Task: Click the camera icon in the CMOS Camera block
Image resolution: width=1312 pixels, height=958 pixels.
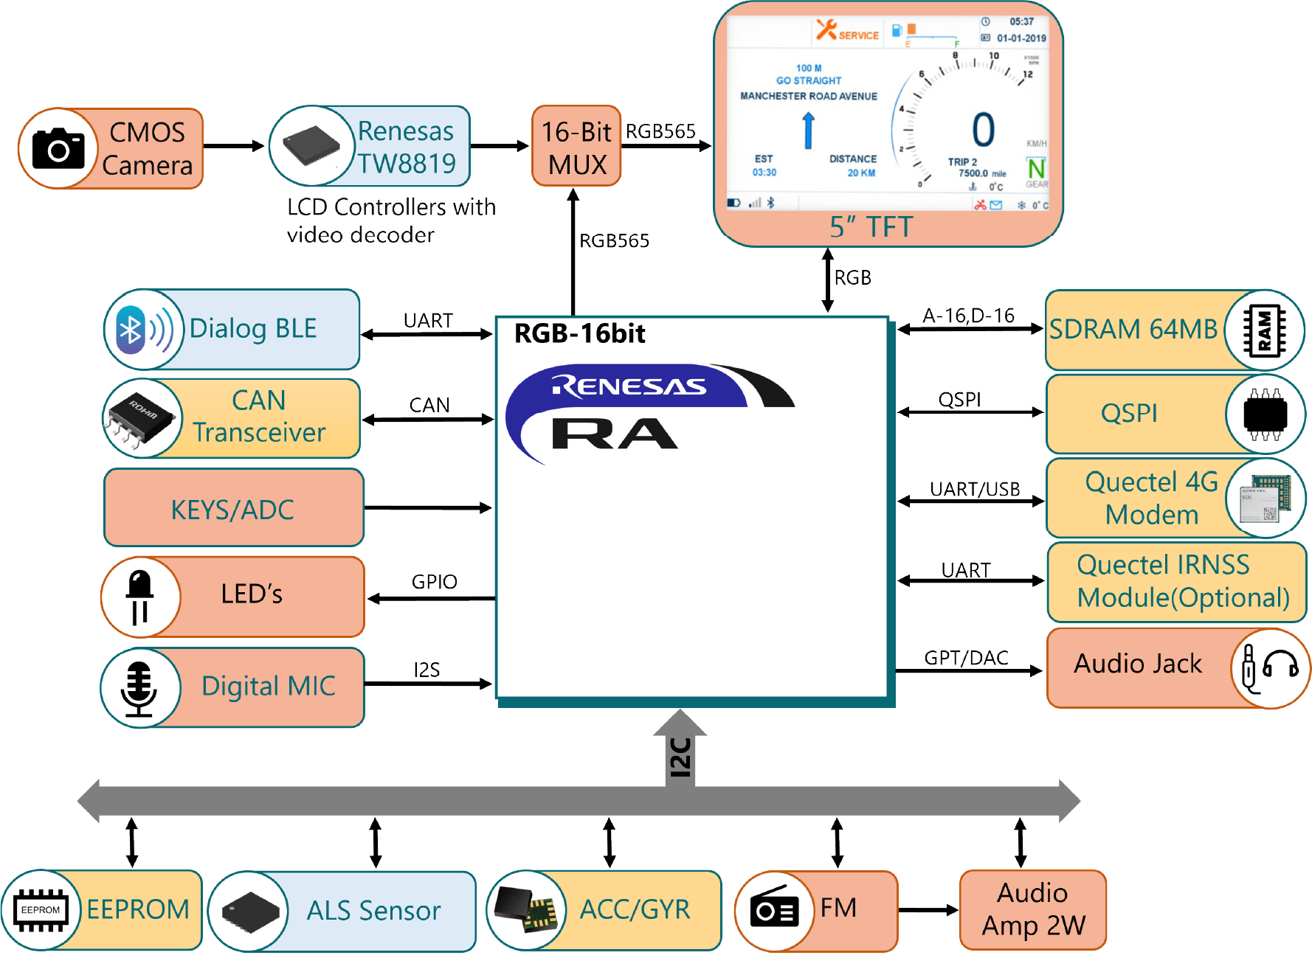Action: [x=58, y=148]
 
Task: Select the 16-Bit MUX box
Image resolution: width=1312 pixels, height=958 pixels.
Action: [x=576, y=147]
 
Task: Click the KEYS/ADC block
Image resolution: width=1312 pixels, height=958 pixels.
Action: [x=233, y=509]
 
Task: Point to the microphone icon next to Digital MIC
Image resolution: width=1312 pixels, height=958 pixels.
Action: [x=139, y=688]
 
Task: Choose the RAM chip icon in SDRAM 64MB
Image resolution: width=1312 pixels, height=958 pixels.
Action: [x=1264, y=330]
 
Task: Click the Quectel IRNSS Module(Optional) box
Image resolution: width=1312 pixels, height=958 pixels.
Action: [x=1176, y=582]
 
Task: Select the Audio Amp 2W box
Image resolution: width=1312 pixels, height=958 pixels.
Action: [x=1032, y=909]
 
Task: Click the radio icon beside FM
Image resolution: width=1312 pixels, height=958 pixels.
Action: [x=774, y=910]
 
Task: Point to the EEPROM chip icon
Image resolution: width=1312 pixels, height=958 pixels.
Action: [x=41, y=910]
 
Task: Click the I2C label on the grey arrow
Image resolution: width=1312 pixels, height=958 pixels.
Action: [x=680, y=757]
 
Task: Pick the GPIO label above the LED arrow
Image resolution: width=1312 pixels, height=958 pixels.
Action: [x=434, y=582]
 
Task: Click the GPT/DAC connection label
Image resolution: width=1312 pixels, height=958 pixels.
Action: [x=966, y=658]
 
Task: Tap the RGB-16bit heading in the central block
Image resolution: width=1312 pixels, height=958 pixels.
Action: [x=579, y=334]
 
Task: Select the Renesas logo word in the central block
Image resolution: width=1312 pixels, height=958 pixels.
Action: [x=629, y=386]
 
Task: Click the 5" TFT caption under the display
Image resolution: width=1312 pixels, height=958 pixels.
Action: [x=871, y=227]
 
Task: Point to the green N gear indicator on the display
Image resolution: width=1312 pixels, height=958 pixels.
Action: [x=1036, y=168]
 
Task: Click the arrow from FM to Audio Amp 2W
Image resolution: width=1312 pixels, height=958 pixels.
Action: [x=928, y=910]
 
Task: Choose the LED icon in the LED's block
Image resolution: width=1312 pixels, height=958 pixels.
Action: [x=139, y=597]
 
